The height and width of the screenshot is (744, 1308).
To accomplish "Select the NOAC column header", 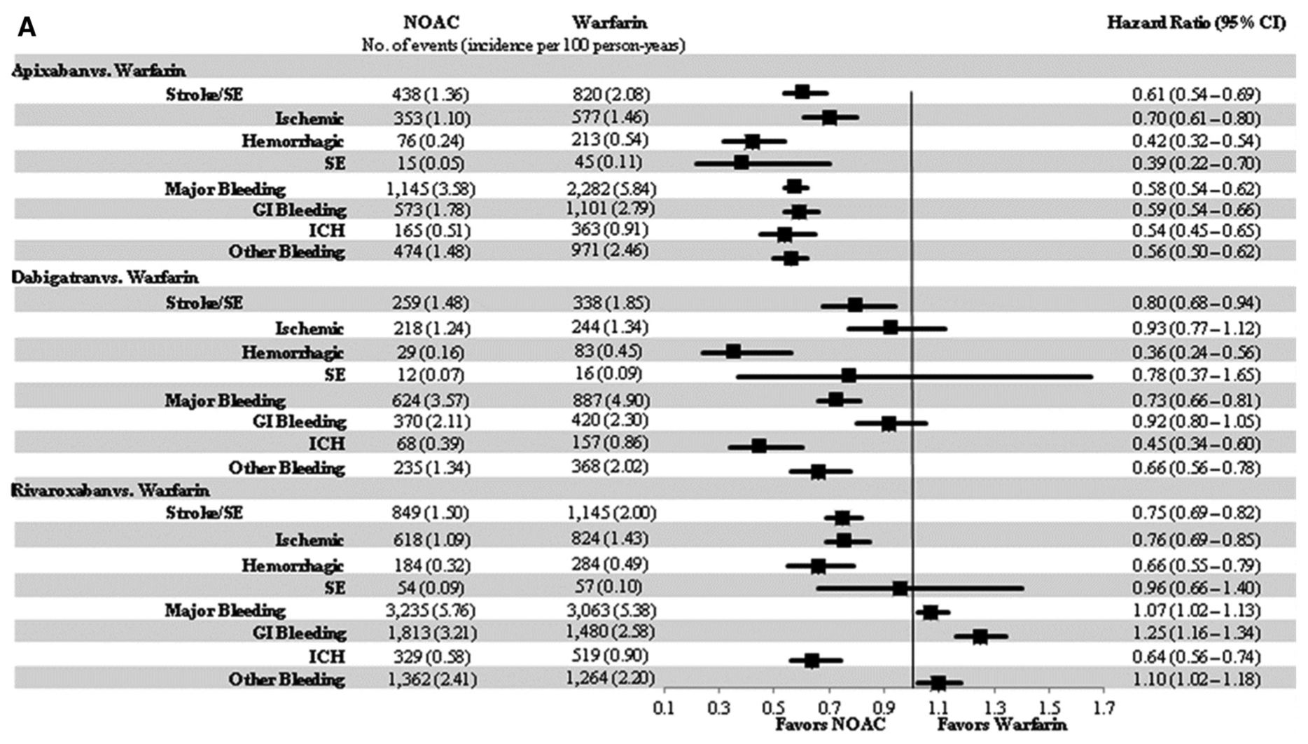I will point(431,22).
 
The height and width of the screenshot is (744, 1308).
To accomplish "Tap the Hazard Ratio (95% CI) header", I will point(1196,22).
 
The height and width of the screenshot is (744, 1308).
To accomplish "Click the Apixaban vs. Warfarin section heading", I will point(99,71).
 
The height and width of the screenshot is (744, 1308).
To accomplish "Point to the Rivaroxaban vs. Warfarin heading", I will point(111,490).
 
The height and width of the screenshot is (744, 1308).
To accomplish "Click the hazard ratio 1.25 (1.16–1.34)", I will point(1196,633).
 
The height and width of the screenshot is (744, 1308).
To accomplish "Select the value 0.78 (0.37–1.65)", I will point(1196,375).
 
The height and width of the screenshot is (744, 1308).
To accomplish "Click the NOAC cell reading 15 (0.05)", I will point(429,164).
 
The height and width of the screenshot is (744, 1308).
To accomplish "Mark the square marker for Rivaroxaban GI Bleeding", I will point(980,636).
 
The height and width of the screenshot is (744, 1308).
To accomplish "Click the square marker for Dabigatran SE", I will point(849,376).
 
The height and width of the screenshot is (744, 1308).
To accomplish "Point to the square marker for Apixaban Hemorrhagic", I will point(752,142).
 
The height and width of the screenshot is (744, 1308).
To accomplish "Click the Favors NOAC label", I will point(830,724).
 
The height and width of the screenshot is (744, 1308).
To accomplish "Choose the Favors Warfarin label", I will point(1002,724).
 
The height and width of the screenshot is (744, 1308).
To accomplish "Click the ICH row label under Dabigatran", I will point(327,444).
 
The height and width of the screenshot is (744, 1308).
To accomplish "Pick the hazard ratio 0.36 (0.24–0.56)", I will point(1196,352).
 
